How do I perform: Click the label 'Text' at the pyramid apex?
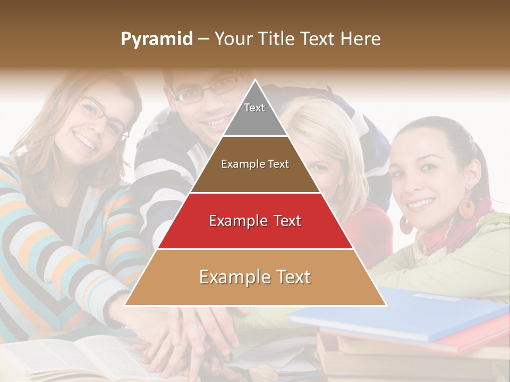(254, 108)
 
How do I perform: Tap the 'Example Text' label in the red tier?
(255, 221)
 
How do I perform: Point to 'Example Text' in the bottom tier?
(255, 277)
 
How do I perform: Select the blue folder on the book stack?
(404, 313)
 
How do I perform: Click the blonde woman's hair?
(329, 127)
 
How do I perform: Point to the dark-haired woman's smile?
(421, 203)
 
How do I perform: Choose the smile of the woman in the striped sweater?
(87, 142)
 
